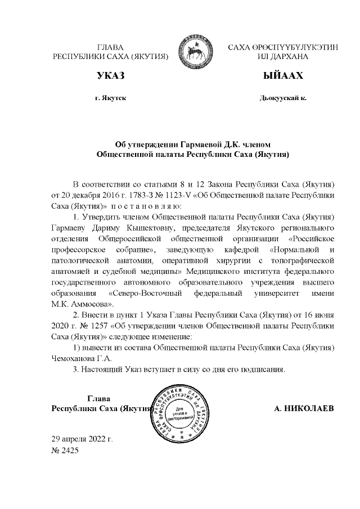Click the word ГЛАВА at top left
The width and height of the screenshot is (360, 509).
110,47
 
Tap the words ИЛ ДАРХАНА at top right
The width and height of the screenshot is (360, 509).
282,57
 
